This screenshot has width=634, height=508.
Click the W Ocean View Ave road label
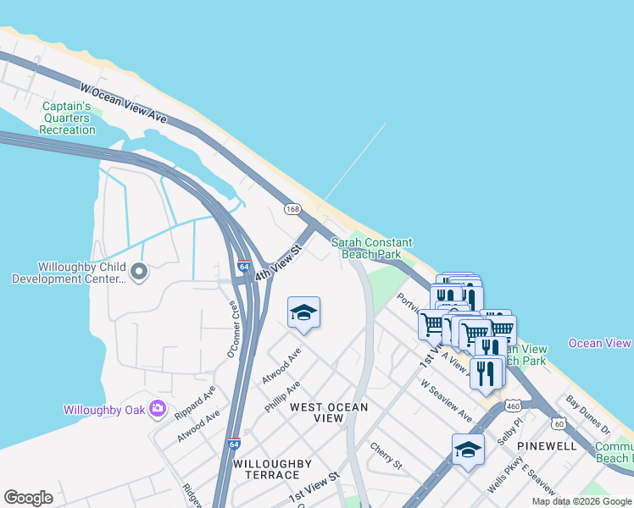click(124, 102)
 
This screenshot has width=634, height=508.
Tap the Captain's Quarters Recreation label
click(68, 118)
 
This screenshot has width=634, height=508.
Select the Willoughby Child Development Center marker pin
click(140, 272)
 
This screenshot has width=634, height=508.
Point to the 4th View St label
click(279, 267)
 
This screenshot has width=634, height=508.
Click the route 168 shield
click(292, 208)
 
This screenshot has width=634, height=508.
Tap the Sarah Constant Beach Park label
click(366, 248)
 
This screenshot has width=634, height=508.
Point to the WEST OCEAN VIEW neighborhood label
click(329, 412)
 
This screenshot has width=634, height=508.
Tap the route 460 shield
click(512, 406)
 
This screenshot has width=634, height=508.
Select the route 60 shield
click(556, 423)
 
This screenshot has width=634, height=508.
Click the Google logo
click(28, 498)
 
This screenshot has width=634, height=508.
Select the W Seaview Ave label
click(447, 400)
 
